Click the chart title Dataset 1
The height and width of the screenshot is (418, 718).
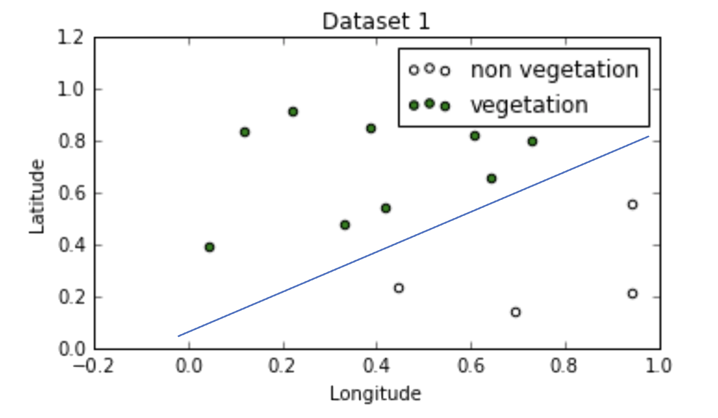(376, 22)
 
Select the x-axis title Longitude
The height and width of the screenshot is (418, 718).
(375, 393)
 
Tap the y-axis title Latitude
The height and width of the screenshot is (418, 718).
(37, 196)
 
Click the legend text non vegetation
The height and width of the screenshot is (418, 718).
(554, 70)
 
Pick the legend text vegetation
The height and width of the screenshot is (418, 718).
(529, 104)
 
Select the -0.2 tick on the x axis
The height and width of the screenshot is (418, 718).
(95, 365)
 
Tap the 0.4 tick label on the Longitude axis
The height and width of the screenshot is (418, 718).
(377, 365)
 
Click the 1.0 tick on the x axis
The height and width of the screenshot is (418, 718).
(660, 365)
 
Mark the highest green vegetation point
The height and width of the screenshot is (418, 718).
(293, 111)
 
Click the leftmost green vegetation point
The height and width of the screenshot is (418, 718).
(209, 247)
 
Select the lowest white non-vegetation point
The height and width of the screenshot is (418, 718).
(515, 312)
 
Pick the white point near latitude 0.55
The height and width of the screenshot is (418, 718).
(632, 204)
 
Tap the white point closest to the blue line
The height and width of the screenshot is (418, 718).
(399, 288)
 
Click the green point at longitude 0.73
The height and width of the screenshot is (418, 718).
(532, 141)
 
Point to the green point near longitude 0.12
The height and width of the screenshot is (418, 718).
(245, 132)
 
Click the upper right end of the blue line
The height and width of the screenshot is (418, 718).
(649, 136)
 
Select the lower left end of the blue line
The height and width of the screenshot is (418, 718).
(178, 336)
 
